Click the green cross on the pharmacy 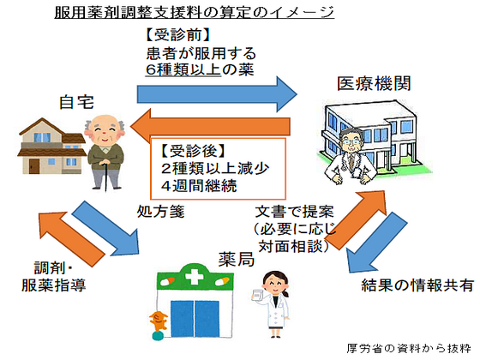click(196, 279)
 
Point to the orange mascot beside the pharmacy click(158, 325)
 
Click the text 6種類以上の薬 click(199, 72)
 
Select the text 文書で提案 click(294, 211)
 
